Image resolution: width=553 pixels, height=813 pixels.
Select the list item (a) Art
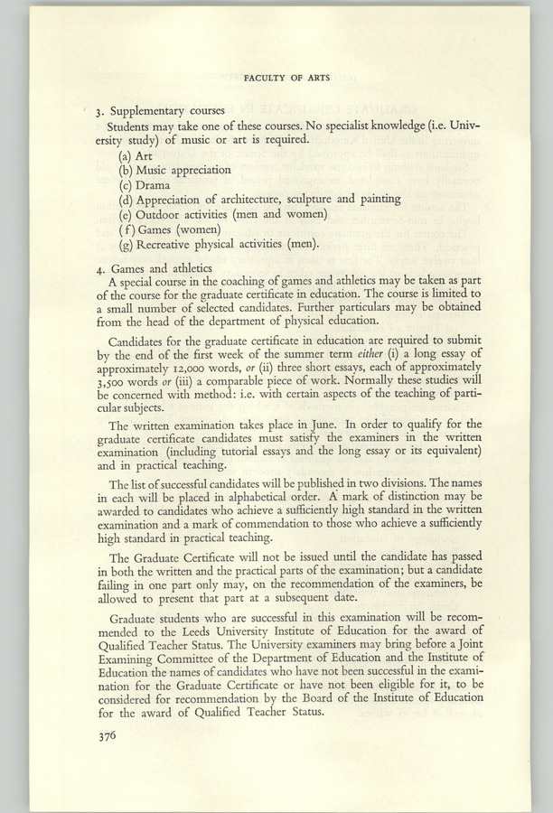tap(136, 155)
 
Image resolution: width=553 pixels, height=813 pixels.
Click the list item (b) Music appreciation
tap(174, 170)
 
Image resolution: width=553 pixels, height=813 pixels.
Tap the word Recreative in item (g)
tap(169, 243)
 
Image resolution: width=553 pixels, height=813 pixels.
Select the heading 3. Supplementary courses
tap(166, 112)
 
